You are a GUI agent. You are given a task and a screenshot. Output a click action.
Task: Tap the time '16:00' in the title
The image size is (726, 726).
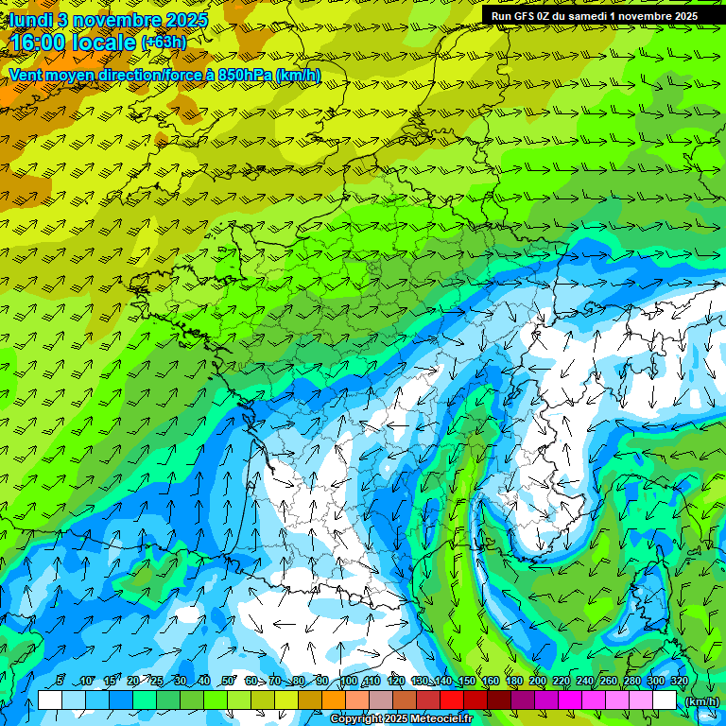pos(38,43)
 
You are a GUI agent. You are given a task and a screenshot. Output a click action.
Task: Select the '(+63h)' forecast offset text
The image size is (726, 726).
pos(164,42)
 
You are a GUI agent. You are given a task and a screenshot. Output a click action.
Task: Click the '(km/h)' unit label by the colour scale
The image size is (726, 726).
pos(701,700)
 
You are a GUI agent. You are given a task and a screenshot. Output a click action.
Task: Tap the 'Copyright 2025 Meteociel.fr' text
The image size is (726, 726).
pos(401,719)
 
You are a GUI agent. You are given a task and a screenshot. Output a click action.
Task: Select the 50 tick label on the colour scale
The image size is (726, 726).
pos(228,682)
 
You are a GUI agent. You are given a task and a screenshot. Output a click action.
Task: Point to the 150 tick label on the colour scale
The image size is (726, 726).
pos(466,682)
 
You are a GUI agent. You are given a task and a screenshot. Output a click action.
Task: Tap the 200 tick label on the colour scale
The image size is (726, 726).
pos(538,682)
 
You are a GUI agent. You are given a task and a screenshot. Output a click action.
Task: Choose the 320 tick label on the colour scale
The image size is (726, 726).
pos(680,682)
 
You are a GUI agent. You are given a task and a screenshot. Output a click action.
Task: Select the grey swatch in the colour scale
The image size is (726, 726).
pos(382,700)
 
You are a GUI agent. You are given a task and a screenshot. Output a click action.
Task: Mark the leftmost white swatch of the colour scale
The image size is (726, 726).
pos(50,700)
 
